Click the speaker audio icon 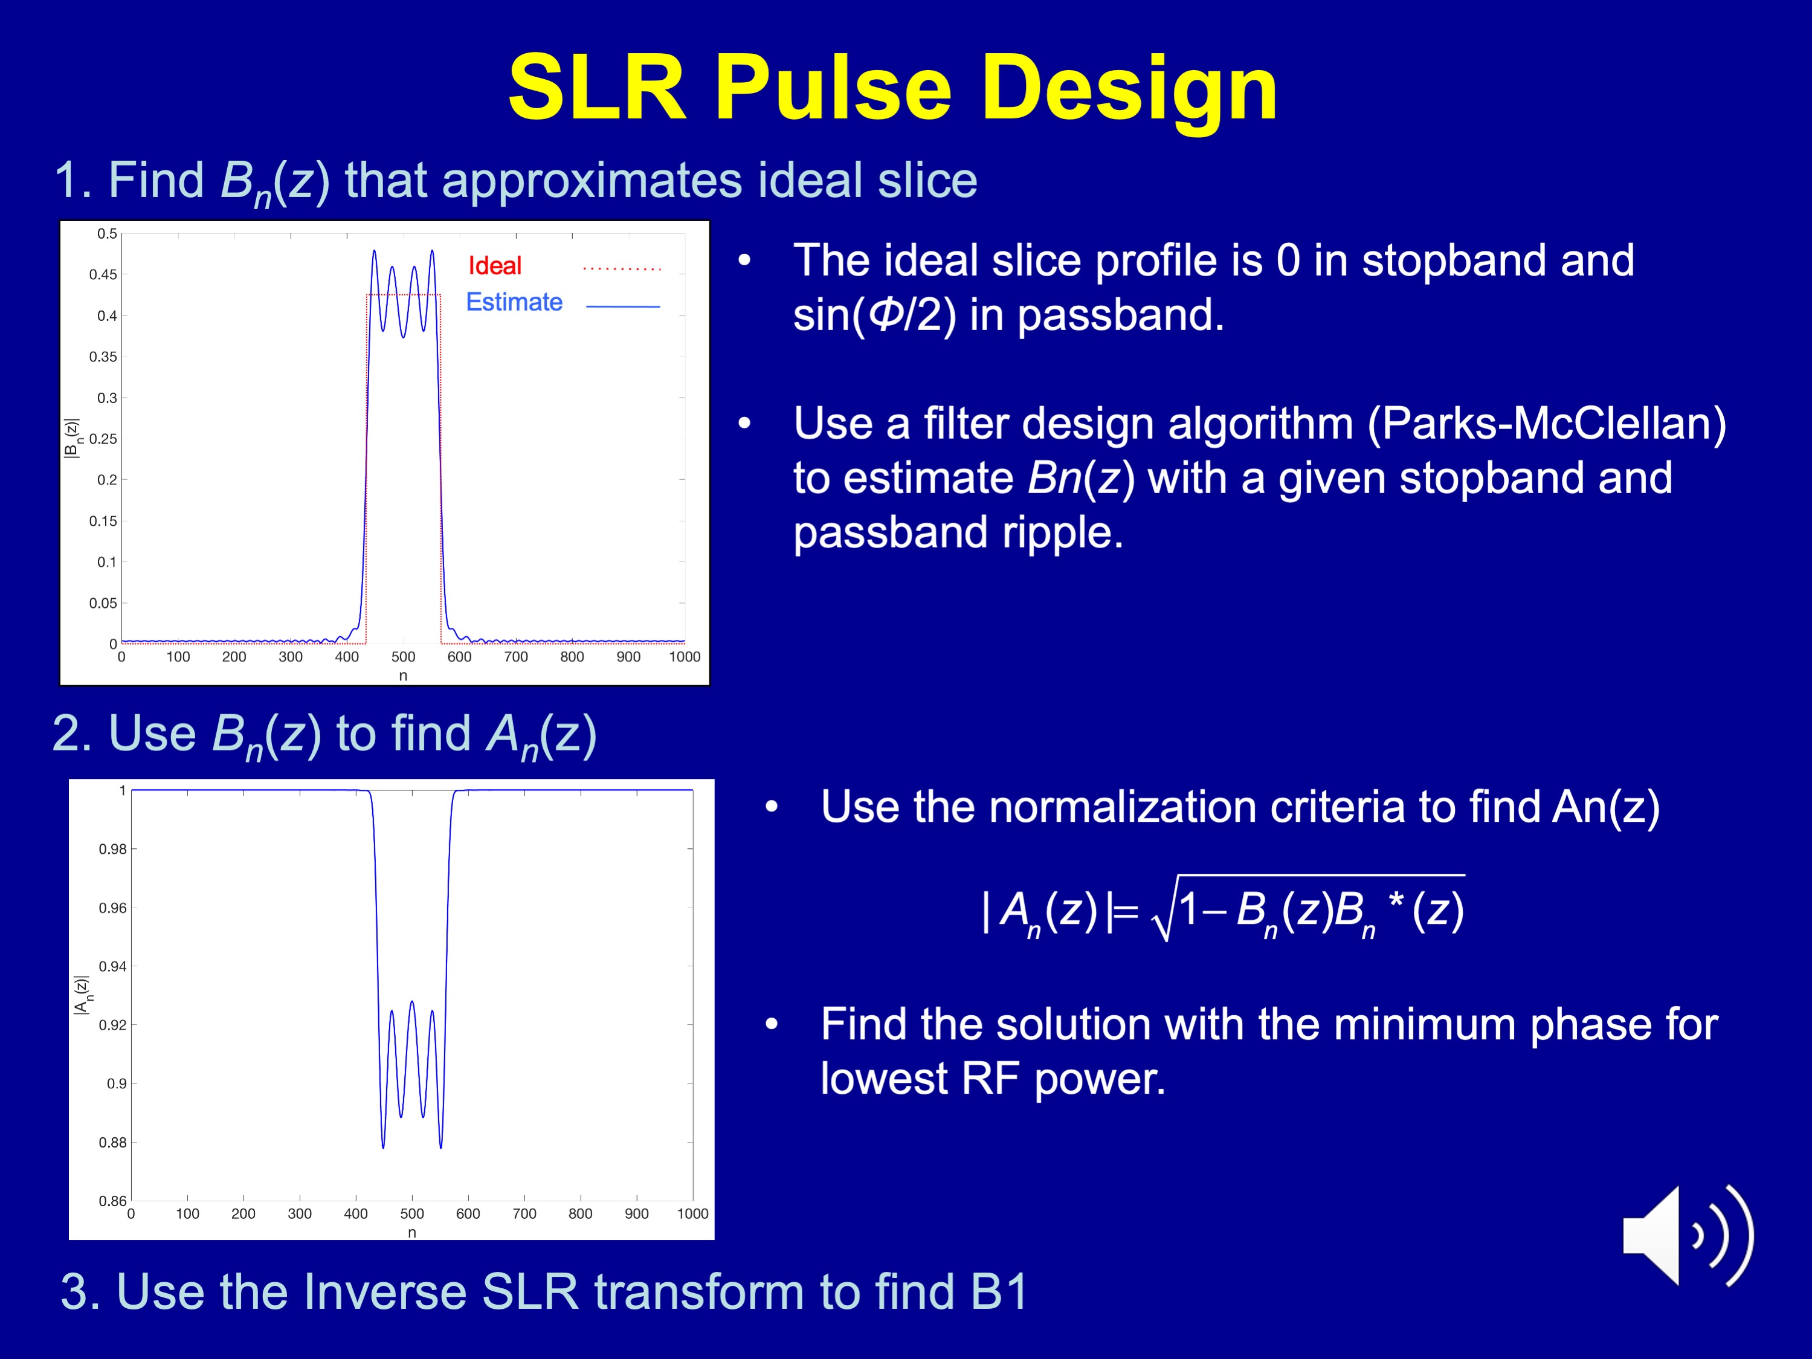click(x=1688, y=1235)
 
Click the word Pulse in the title click(x=833, y=88)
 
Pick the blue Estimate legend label click(x=514, y=302)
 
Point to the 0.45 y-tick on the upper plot click(x=103, y=274)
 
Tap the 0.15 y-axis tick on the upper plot click(x=103, y=521)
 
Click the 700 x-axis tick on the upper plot click(x=516, y=657)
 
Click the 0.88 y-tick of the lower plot click(x=113, y=1143)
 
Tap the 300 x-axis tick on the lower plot click(x=300, y=1214)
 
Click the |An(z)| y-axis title click(x=83, y=995)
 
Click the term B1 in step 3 click(x=999, y=1292)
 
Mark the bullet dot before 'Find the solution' click(x=771, y=1025)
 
